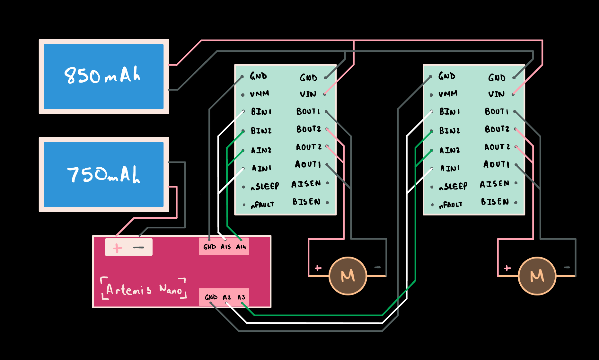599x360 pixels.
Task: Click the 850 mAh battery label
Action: (x=102, y=75)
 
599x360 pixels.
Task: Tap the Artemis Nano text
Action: (x=144, y=289)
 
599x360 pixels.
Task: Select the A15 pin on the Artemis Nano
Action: (x=225, y=247)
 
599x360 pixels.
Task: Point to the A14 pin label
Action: (x=241, y=247)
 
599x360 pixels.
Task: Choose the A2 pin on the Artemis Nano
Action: (x=227, y=297)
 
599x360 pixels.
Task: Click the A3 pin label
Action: (x=241, y=297)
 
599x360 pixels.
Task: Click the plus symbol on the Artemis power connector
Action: (x=118, y=248)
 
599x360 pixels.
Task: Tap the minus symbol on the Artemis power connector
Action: (x=139, y=248)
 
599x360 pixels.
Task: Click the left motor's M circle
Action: (x=348, y=276)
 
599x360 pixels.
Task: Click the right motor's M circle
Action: (x=537, y=276)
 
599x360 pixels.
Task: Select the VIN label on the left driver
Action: (x=308, y=94)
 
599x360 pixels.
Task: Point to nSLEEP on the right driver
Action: (x=453, y=186)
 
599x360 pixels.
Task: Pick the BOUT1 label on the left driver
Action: (x=308, y=111)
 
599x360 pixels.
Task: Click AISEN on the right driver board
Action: (x=495, y=184)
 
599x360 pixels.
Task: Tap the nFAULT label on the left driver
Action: (x=262, y=205)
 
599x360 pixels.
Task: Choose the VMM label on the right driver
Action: (x=448, y=94)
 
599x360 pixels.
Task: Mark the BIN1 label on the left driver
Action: (x=261, y=112)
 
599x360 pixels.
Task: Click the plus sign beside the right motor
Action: (x=507, y=268)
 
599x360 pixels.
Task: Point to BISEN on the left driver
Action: (x=306, y=202)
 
